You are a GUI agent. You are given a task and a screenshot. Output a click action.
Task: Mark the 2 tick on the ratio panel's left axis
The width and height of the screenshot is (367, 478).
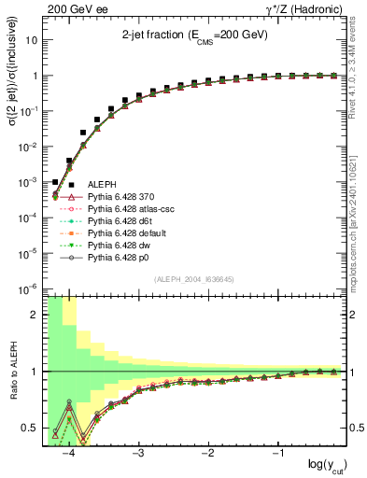[x=35, y=315]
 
